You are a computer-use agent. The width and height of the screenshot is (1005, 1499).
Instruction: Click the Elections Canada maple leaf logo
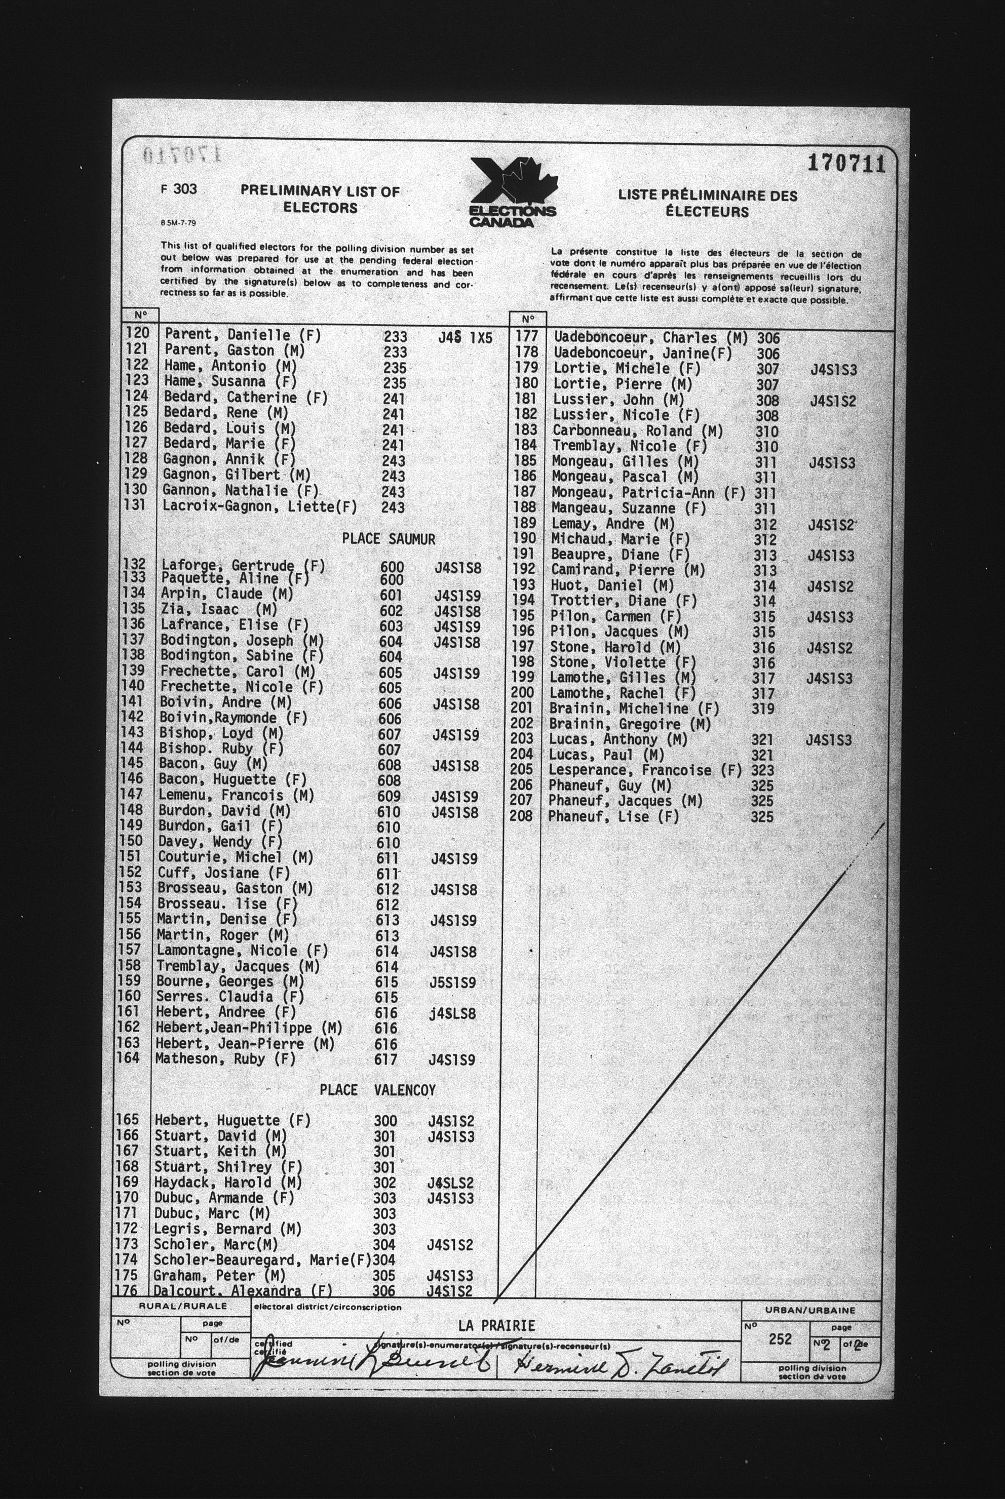click(513, 190)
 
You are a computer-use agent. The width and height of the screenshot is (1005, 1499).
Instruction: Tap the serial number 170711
click(845, 164)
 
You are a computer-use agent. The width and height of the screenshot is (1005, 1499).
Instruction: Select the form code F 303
click(179, 189)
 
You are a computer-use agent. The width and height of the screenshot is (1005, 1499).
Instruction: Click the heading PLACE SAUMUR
click(388, 539)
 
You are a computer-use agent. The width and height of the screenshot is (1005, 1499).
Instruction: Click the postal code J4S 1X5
click(466, 338)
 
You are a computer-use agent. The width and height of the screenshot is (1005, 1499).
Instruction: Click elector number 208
click(522, 816)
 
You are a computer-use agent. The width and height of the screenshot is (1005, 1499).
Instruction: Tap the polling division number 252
click(780, 1339)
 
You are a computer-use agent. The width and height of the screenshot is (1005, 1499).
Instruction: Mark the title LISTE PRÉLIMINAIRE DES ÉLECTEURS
click(707, 203)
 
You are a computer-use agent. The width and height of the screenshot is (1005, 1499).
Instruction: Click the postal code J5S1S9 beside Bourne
click(452, 982)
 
